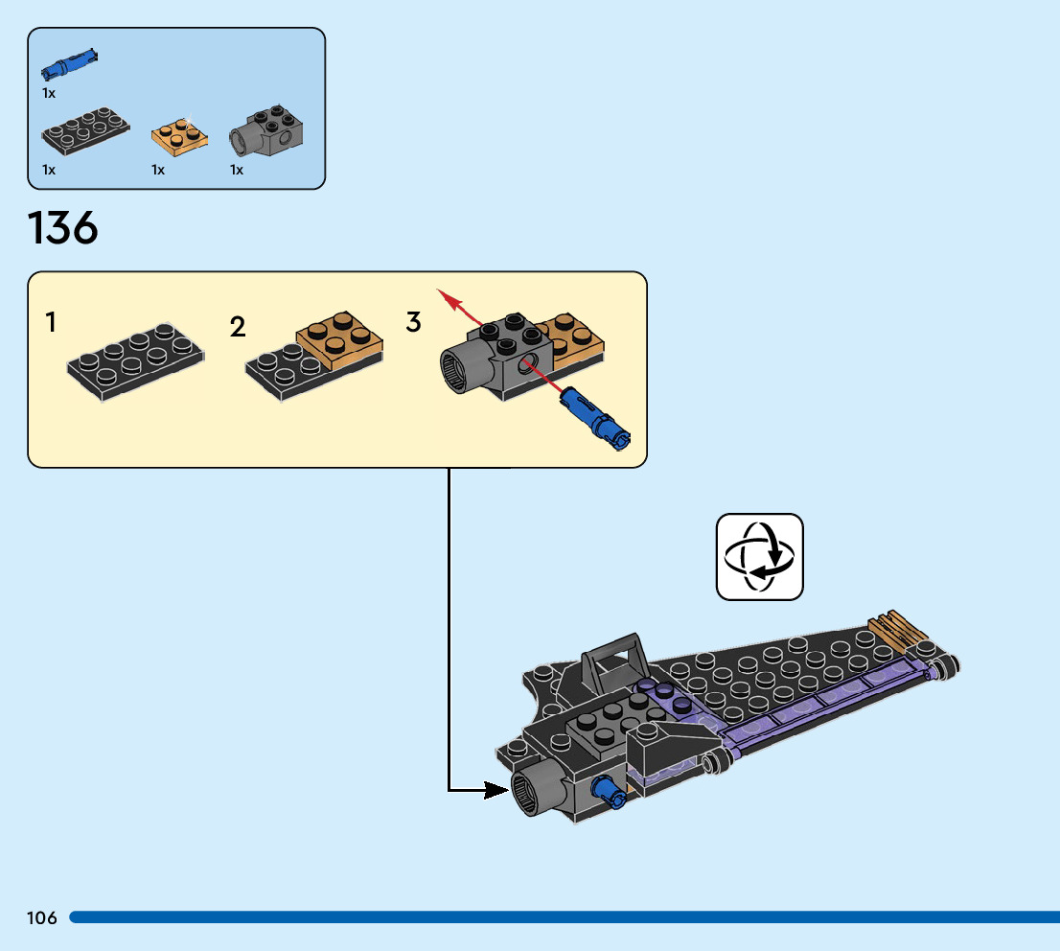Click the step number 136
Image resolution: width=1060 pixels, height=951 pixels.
(63, 229)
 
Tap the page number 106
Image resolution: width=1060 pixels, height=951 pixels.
(42, 918)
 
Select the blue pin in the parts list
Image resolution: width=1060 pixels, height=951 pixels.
(70, 63)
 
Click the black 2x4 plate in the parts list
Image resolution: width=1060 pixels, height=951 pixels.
(85, 134)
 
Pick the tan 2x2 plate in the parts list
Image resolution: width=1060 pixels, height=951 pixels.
(179, 135)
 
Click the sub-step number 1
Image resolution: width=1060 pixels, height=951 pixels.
(50, 323)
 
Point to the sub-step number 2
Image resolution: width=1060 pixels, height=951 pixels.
(238, 327)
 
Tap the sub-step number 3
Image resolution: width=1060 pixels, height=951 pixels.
(413, 322)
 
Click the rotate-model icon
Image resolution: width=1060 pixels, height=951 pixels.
(759, 557)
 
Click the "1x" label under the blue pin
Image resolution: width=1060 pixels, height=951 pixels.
(49, 93)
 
